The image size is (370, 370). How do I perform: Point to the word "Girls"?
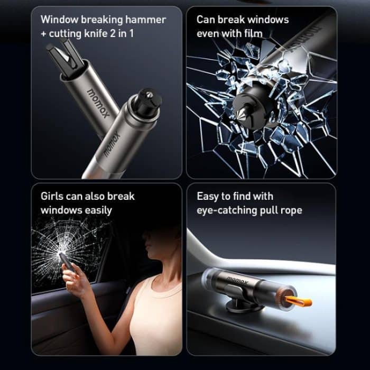click(x=52, y=196)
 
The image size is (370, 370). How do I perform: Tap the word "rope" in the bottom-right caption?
click(x=290, y=210)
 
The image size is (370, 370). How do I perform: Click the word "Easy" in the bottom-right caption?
click(x=208, y=196)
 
